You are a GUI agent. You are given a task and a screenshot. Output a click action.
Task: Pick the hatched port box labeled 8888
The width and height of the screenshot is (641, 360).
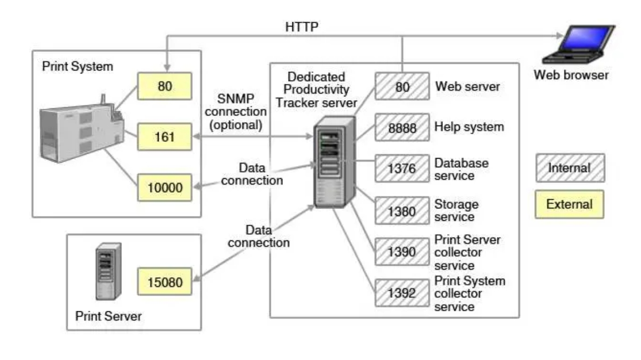(x=402, y=128)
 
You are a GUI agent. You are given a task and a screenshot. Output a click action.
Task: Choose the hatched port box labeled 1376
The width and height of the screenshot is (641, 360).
(x=402, y=169)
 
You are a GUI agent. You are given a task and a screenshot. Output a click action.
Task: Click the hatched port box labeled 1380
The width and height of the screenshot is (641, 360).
(x=402, y=211)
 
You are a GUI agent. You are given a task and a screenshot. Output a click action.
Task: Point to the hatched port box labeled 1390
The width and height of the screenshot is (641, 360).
(x=402, y=252)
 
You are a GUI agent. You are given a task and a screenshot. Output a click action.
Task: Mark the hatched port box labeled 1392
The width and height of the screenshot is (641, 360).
(x=402, y=293)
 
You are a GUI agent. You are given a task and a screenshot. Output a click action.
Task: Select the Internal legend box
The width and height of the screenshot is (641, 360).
(x=570, y=168)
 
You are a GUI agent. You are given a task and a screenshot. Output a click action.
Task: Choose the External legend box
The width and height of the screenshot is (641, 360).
(x=570, y=205)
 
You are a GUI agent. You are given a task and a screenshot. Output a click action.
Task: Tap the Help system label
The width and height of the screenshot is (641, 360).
(x=469, y=127)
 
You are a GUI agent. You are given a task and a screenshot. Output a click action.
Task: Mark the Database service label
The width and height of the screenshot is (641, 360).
(x=461, y=168)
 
